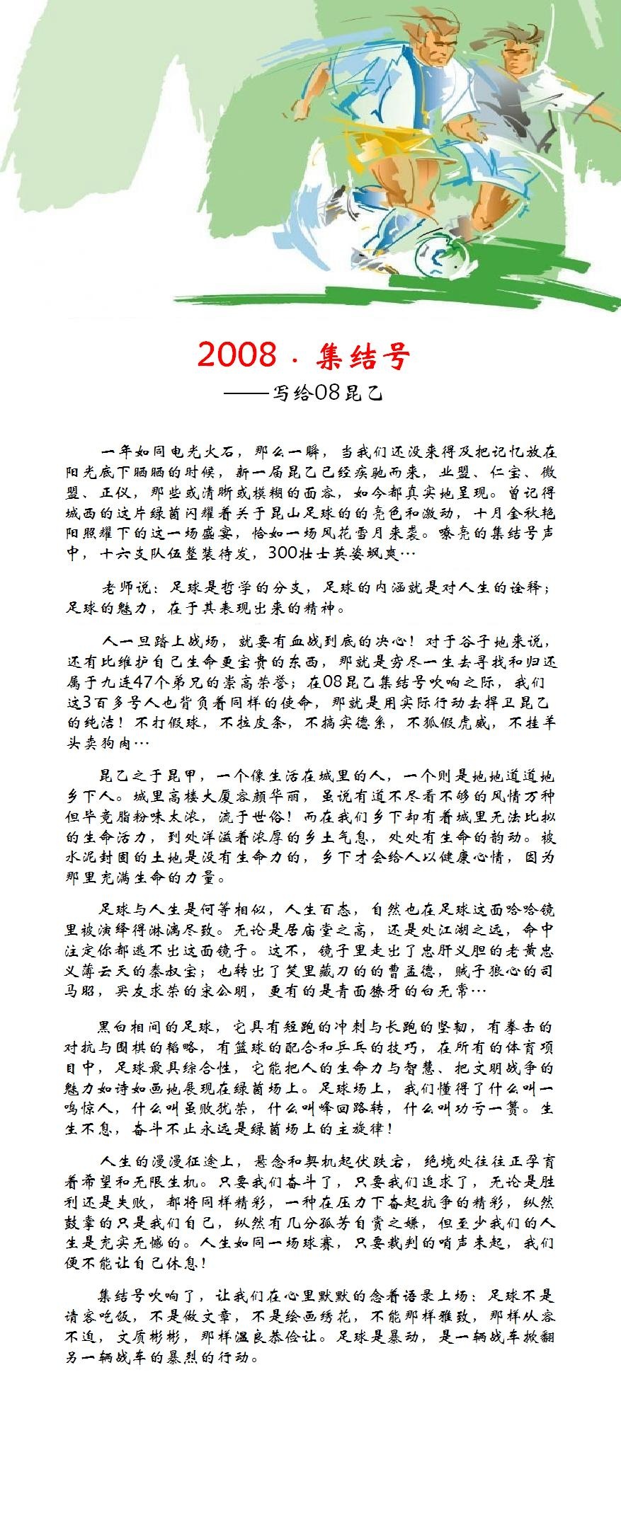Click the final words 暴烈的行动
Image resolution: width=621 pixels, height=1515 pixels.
click(217, 1357)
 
